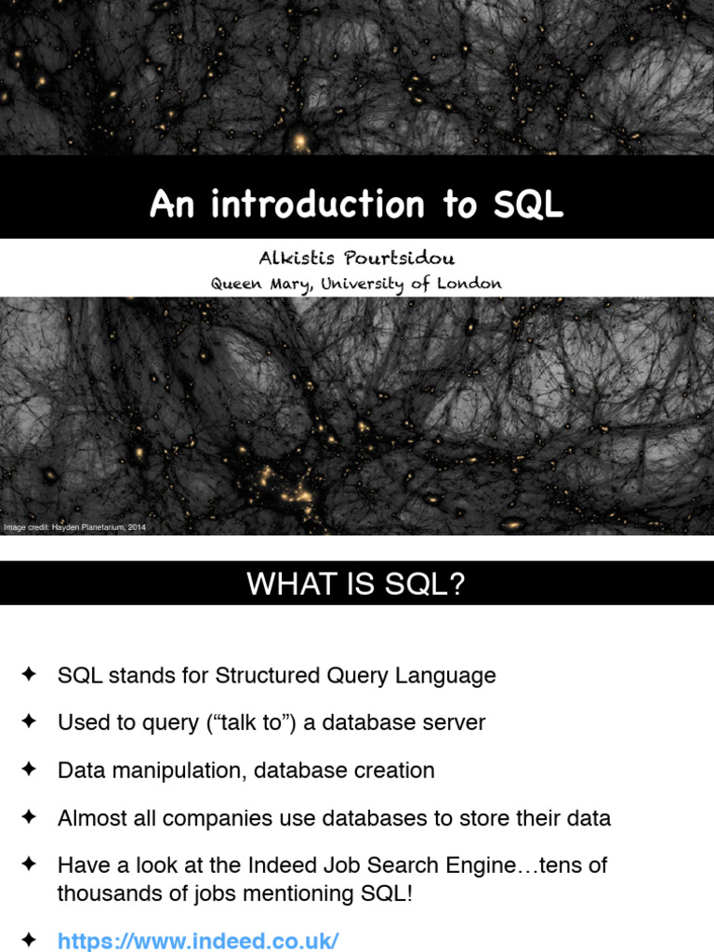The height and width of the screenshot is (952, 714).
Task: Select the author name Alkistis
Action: tap(295, 258)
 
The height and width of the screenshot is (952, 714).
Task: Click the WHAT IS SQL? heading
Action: tap(355, 584)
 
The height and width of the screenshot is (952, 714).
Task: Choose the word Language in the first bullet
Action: tap(450, 676)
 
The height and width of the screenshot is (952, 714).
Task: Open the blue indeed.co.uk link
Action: tap(198, 941)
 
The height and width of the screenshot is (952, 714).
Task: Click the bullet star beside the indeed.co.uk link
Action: tap(29, 940)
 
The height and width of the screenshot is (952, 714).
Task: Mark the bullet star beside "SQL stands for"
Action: tap(29, 675)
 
